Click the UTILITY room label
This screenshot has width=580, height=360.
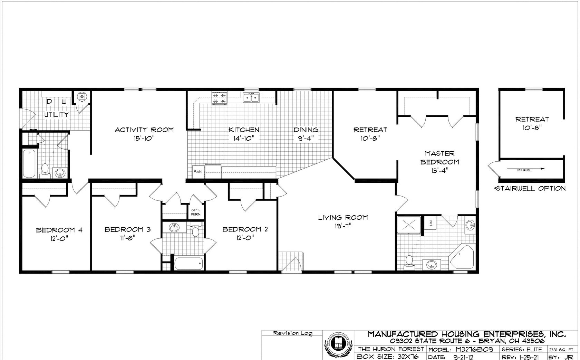coord(56,114)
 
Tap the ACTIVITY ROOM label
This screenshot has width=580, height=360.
coord(144,130)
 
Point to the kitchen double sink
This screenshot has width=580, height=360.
coord(251,98)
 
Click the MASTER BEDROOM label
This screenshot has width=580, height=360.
coord(439,158)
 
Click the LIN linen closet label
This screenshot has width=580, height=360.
coord(431,222)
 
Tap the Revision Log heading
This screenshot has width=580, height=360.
coord(292,333)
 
